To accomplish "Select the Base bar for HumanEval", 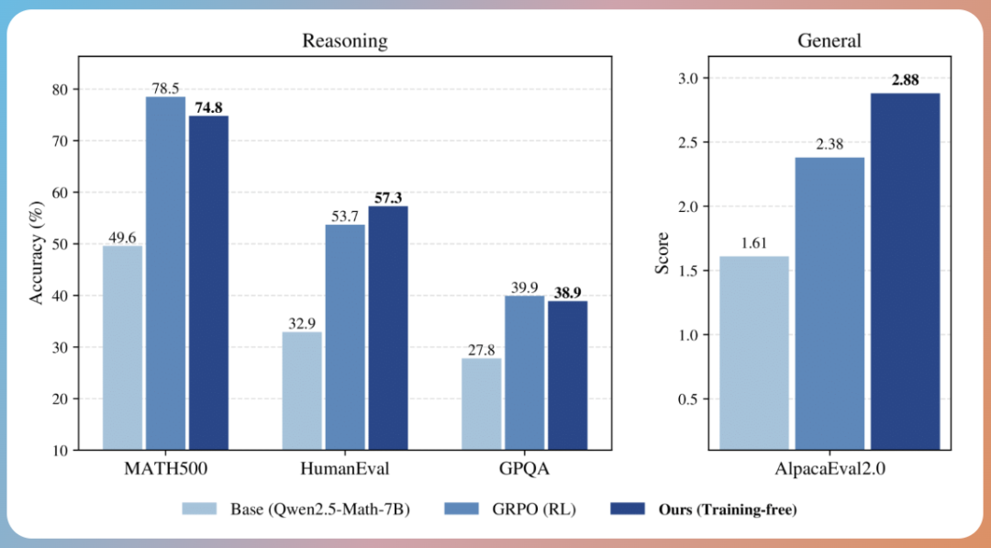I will tap(302, 391).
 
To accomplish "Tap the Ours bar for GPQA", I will tap(568, 375).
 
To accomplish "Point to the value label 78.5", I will tap(165, 87).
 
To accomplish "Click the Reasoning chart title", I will tap(345, 41).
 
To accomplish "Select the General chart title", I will tap(830, 41).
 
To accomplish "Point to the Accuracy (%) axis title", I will tap(37, 253).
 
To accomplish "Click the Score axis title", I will tap(662, 253).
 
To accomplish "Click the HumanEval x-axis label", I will tap(345, 469).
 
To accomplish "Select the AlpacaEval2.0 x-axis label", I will tap(830, 469).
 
